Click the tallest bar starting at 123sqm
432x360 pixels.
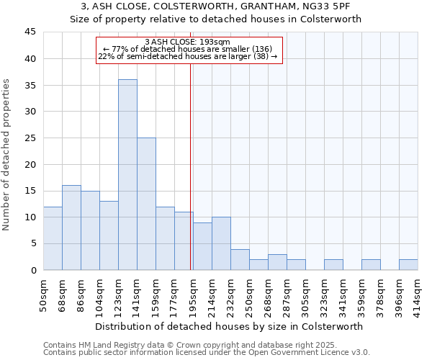(127, 175)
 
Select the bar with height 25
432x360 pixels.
(146, 204)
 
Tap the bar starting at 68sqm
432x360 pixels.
(71, 228)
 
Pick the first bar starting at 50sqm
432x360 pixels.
(53, 238)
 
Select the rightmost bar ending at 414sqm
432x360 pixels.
(408, 264)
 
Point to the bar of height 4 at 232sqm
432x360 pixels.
(240, 259)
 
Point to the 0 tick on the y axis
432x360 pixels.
(33, 270)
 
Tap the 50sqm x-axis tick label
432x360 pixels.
(44, 294)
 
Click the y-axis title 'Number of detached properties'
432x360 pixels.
(7, 155)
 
